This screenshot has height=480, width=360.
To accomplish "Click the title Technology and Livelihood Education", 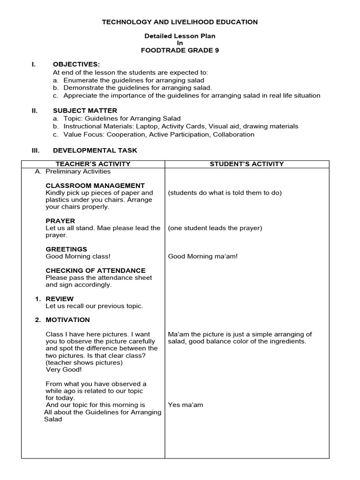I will tap(180, 22).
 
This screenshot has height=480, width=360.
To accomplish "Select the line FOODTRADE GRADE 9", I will tap(180, 51).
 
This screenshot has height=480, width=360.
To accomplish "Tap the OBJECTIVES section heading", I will tap(76, 64).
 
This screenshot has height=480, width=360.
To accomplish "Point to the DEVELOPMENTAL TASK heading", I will tap(95, 150).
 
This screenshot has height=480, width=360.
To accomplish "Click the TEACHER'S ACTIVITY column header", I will tap(93, 164).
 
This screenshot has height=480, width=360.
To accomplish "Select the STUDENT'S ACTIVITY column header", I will tap(247, 164).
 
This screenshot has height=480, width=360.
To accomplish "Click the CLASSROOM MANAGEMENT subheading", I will tap(95, 186).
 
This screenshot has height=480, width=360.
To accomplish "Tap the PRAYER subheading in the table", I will tap(60, 221).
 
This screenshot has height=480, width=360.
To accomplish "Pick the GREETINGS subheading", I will tap(66, 249).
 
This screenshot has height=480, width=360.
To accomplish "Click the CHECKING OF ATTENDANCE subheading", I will tap(95, 270).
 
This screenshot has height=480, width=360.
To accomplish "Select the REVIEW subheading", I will tap(59, 299).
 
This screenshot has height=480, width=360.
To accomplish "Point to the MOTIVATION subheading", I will tap(67, 320).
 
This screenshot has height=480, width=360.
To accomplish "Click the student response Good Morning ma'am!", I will tap(202, 256).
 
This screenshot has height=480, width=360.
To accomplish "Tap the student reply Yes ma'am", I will tap(186, 405).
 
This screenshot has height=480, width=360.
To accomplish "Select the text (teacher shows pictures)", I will tap(84, 362).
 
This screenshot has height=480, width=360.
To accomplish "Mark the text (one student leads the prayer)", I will tap(215, 228).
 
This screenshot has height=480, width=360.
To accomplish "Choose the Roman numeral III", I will tap(35, 150).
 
